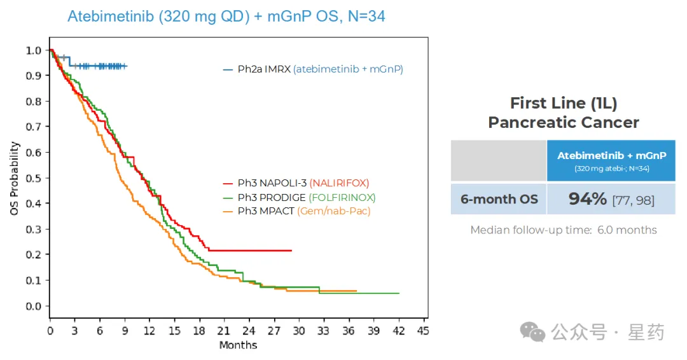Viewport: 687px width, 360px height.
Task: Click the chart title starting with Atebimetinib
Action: coord(226,17)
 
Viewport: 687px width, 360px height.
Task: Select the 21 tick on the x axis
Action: coord(223,331)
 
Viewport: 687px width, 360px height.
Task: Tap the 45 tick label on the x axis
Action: coord(422,331)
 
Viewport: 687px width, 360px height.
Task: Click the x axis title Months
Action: coord(238,345)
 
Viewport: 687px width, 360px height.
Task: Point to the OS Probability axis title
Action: coord(15,178)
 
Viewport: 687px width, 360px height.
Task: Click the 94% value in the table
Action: coord(588,199)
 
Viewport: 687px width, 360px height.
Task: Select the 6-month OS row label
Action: coord(499,199)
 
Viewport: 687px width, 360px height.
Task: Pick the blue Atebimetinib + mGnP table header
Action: coord(611,160)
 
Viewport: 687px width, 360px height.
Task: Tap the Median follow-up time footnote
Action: coord(564,230)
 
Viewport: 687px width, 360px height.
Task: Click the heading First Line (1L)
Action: coord(564,103)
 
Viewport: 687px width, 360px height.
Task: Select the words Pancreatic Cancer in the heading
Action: coord(564,122)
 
